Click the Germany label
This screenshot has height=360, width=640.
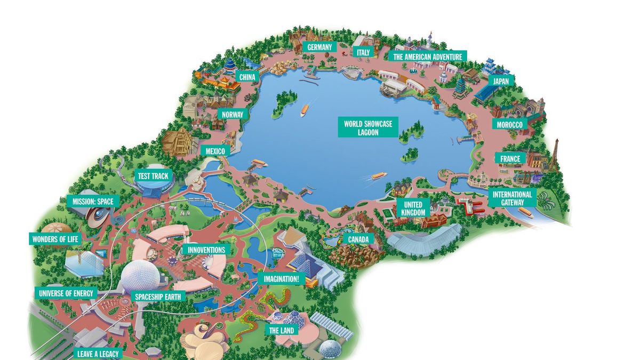tap(319, 47)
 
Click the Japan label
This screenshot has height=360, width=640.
tap(500, 81)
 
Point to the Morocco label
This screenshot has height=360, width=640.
tap(509, 124)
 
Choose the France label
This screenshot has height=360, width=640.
tap(510, 159)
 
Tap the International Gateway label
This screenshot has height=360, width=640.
tap(512, 198)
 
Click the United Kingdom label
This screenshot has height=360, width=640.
tap(413, 209)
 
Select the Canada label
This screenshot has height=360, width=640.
tap(358, 239)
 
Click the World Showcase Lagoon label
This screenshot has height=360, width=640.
tap(368, 128)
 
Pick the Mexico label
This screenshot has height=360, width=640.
tap(215, 151)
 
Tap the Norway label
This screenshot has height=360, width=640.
tap(232, 114)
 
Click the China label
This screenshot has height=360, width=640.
tap(247, 77)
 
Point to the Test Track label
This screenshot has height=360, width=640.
tap(153, 176)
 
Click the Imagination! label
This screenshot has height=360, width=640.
tap(281, 278)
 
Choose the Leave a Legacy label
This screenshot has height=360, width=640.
tap(99, 354)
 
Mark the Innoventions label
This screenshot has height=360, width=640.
tap(206, 250)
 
